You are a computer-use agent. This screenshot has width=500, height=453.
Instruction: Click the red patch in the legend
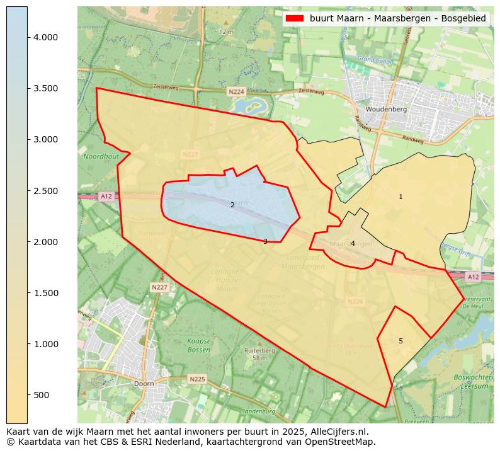point(295,19)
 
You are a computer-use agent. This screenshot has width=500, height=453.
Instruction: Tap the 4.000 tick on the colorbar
point(28,37)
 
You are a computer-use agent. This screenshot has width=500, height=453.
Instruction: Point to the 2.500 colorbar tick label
point(45,191)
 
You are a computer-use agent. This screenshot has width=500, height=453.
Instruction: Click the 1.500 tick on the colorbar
point(28,293)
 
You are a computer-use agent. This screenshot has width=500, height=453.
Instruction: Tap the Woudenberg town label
point(387,109)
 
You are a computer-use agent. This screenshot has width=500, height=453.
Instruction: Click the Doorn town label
point(144,383)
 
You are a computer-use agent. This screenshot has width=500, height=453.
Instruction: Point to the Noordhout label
point(101,156)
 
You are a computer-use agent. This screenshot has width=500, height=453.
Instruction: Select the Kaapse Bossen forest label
point(199,345)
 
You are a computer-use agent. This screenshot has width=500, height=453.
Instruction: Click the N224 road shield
point(236,92)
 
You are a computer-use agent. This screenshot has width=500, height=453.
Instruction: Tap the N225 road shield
point(197,379)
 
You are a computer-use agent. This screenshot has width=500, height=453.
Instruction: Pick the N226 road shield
point(356,302)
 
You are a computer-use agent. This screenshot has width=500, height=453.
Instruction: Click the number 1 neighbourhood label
point(401,197)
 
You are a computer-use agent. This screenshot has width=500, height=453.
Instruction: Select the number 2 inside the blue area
point(232,205)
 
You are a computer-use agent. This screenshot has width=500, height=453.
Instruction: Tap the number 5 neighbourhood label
point(401,341)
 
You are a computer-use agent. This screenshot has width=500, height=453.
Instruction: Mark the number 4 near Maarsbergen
point(353,243)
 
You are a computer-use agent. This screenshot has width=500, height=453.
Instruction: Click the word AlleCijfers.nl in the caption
point(337,432)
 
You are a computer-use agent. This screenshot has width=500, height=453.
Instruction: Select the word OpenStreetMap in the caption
point(342,442)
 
